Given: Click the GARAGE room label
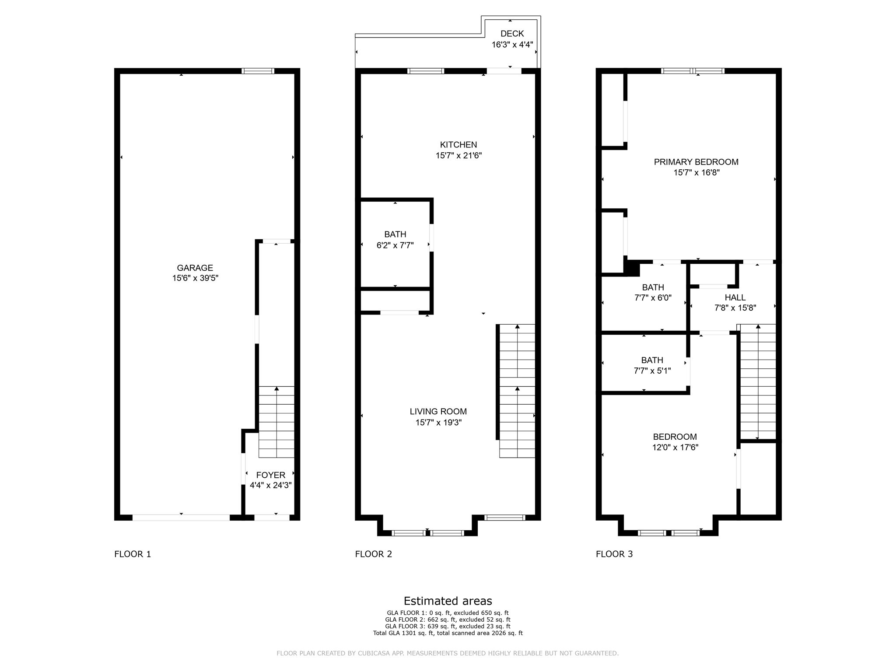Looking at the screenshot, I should point(195,268).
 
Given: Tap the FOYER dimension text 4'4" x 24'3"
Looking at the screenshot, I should point(270,485).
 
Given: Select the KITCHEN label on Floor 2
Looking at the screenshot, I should point(458,145).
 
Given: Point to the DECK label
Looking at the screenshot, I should point(512,34).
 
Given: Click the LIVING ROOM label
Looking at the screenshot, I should point(438,412).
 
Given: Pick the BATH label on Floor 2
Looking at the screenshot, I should point(395,234).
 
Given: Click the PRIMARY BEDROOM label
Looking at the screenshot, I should point(696,162).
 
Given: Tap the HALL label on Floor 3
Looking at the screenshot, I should point(735,297).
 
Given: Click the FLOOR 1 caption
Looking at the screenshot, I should point(133,554).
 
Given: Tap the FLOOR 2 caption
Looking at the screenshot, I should point(373,554).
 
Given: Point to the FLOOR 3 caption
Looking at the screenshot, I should point(614,554).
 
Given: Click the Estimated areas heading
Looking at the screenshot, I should point(448,601).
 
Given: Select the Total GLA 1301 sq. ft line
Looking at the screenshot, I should point(448,633).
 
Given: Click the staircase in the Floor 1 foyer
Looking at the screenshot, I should point(276,422).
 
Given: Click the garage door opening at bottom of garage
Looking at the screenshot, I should point(181,518).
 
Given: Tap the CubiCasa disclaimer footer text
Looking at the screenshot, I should point(448,654).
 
